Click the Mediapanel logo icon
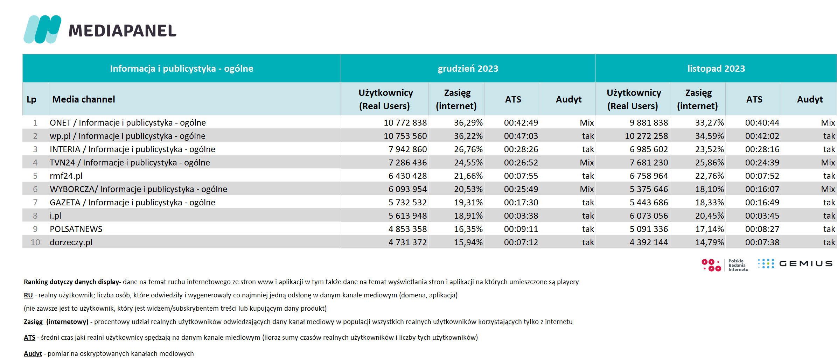coord(42,29)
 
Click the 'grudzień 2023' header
coord(468,69)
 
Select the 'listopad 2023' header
coord(716,69)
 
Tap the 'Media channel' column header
coord(84,99)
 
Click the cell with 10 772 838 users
coord(405,123)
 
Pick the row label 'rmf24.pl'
coord(66,176)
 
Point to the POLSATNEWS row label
coord(76,229)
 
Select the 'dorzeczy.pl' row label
coord(71,242)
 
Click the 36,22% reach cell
coord(468,136)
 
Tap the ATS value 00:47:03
coord(521,136)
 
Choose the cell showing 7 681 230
coord(649,163)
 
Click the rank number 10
coord(35,242)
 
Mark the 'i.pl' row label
coord(55,216)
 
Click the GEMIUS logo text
coord(806,264)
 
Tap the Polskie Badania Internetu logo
coord(725,265)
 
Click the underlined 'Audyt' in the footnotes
coord(33,354)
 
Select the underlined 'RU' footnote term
coord(28,295)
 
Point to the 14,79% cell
coord(709,242)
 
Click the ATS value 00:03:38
coord(521,216)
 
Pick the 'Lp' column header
coord(32,100)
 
